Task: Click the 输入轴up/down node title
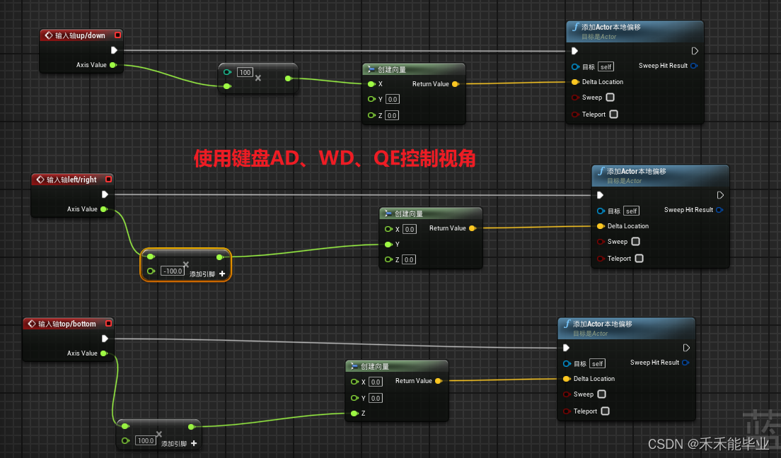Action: coord(80,35)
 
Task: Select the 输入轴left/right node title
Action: coord(71,180)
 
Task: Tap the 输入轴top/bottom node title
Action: coord(66,324)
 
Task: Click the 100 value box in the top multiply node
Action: coord(245,72)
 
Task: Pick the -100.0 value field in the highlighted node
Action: coord(173,271)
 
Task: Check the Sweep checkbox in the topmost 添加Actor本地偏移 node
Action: coord(610,98)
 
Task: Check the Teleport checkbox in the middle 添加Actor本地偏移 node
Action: coord(639,259)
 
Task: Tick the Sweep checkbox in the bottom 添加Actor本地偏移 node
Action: coord(601,394)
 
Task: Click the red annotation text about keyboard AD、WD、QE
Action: coord(335,158)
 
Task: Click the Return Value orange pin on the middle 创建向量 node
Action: coord(472,228)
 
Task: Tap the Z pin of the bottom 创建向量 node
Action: coord(354,413)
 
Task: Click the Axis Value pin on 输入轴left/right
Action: coord(104,209)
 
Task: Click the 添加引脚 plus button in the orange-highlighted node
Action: coord(222,274)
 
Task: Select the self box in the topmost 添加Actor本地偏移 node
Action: coord(606,66)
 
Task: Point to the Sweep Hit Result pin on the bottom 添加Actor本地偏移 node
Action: coord(685,363)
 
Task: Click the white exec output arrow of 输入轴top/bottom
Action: coord(105,339)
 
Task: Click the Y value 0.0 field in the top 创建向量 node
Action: coord(392,99)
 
